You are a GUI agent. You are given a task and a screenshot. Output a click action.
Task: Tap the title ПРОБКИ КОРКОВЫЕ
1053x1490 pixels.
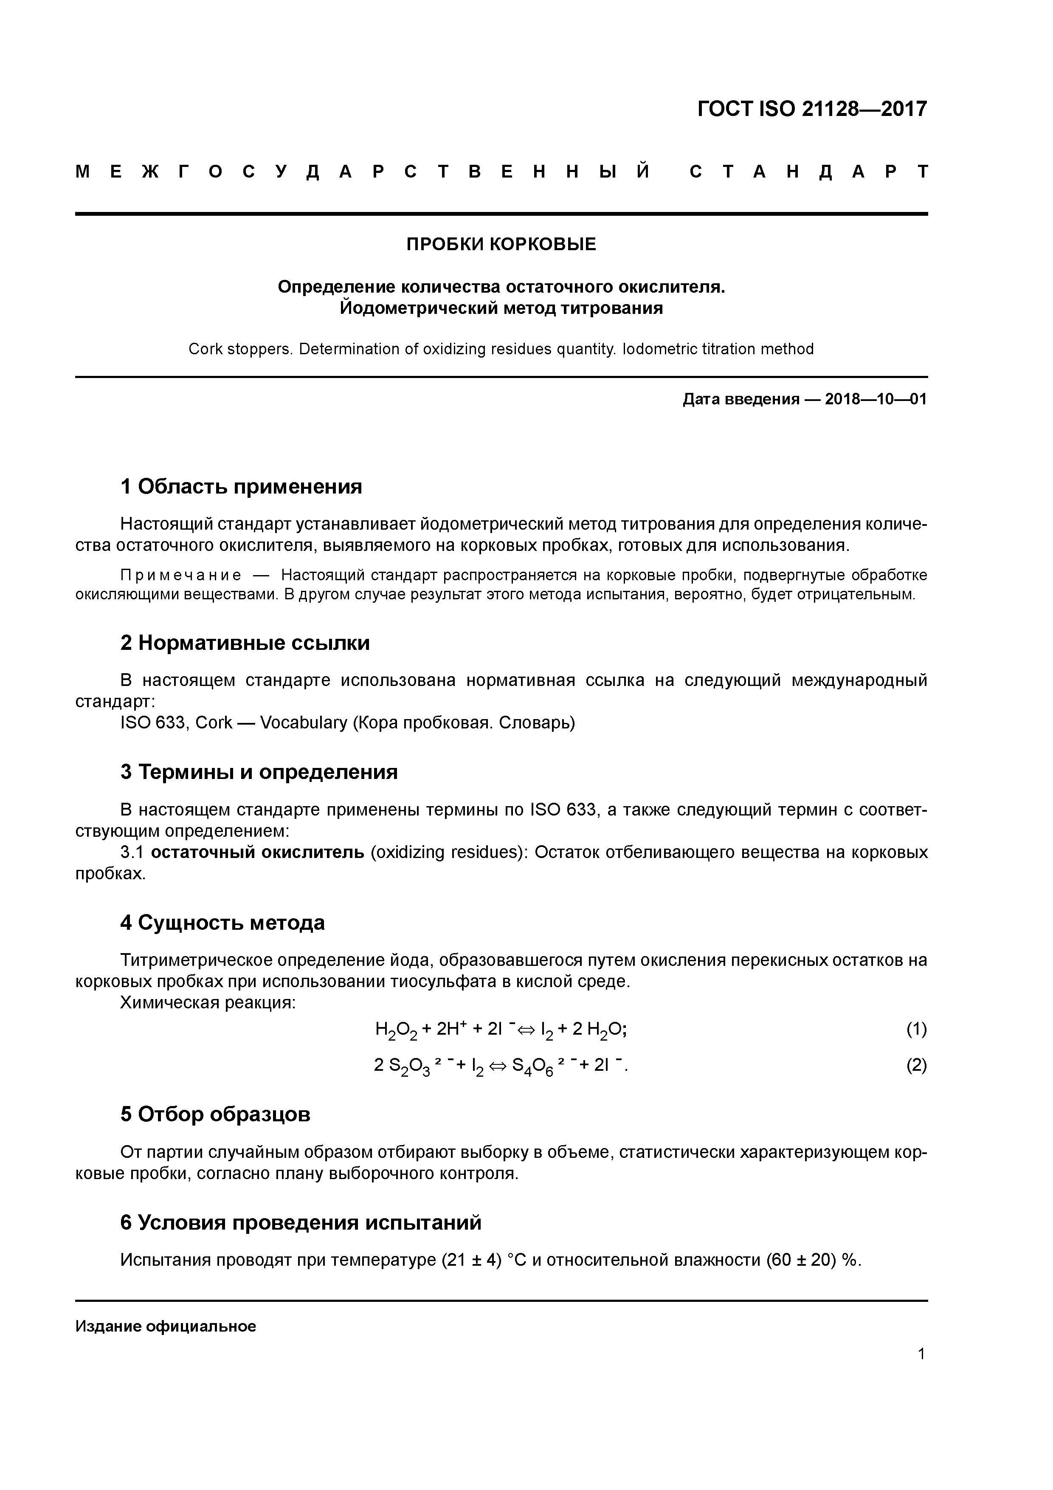501,245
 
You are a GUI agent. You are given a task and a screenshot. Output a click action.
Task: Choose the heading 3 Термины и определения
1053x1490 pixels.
259,772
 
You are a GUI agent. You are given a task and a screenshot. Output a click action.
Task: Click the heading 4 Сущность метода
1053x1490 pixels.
222,923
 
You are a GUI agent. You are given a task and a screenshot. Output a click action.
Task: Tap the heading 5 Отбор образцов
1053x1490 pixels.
215,1114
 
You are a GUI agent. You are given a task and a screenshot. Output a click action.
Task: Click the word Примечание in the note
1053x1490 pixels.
181,576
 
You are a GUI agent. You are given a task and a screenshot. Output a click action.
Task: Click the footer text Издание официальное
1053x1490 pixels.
166,1326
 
